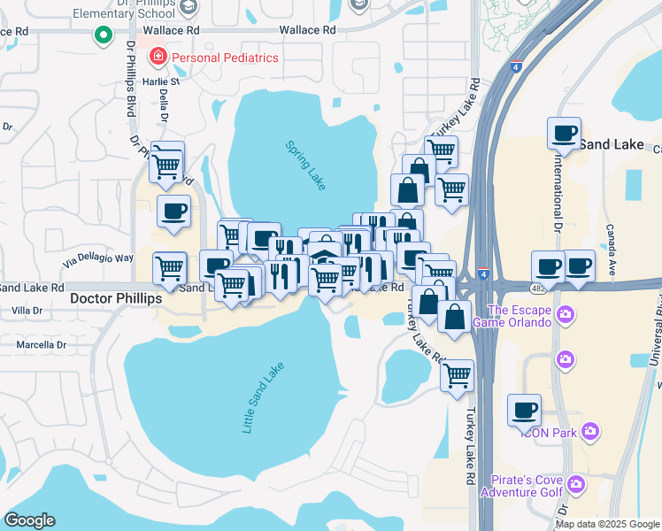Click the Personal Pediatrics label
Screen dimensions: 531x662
click(x=225, y=58)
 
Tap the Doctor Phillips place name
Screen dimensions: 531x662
click(x=116, y=299)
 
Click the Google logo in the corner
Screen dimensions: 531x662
click(x=28, y=520)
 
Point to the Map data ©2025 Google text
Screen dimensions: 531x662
click(x=607, y=524)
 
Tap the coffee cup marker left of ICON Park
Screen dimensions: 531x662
click(x=524, y=410)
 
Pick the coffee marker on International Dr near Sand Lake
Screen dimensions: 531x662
click(x=564, y=135)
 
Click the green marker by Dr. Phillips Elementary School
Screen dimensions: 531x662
click(x=103, y=35)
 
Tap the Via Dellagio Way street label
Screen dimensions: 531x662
click(x=97, y=258)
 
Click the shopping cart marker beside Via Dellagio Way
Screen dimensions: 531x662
click(x=169, y=268)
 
